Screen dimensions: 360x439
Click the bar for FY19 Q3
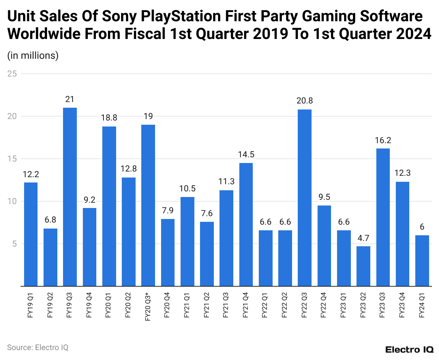pos(70,197)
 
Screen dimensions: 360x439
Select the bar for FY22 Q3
pos(304,198)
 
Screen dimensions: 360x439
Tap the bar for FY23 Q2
pos(363,266)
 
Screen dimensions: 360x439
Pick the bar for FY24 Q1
pos(422,260)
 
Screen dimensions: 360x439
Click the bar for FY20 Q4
pos(168,252)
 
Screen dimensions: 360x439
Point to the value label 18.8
pos(109,118)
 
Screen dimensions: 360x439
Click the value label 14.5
pos(246,154)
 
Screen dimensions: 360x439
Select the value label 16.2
pos(383,140)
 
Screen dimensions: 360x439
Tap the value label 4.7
pos(363,238)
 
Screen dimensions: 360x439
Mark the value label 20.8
pos(304,101)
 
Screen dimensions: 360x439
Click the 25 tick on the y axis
pos(12,74)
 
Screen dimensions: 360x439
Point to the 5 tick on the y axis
pos(15,244)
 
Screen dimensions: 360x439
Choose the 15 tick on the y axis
pos(12,159)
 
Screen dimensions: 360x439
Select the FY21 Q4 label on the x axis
pos(246,305)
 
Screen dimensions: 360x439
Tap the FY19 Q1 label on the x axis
pos(31,305)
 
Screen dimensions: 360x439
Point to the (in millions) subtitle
pos(33,56)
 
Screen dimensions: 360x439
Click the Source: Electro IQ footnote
pos(38,347)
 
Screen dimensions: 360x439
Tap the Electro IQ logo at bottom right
pos(409,349)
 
